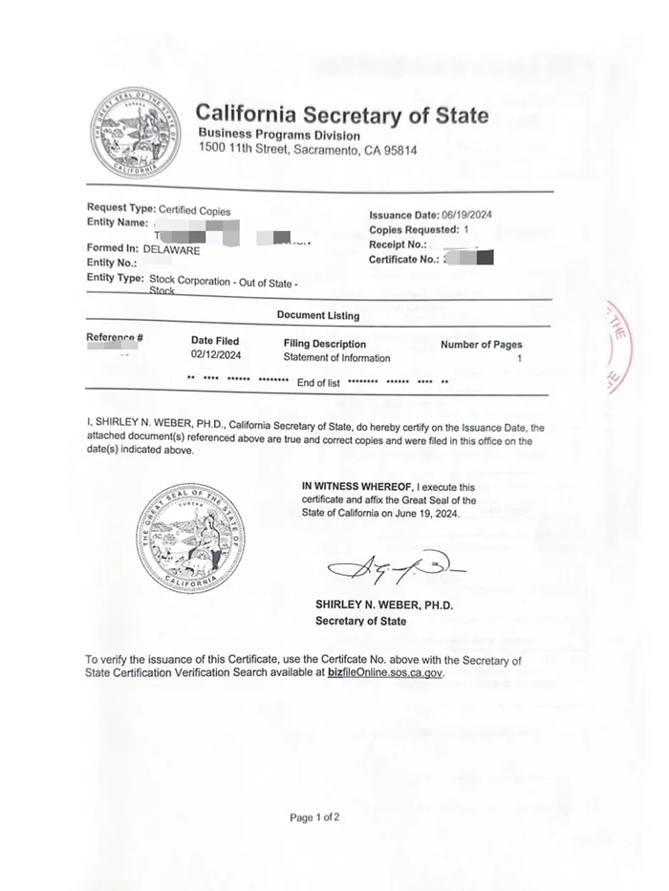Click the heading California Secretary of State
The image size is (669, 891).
[x=342, y=116]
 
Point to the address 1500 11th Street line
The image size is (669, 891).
[x=307, y=150]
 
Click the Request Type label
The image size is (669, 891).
[x=120, y=208]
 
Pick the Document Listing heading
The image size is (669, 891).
[x=318, y=315]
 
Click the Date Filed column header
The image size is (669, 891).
[x=215, y=341]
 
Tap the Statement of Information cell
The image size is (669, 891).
[x=336, y=358]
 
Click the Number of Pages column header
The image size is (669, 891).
[x=481, y=344]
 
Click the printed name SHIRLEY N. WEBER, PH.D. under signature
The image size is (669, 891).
[x=384, y=605]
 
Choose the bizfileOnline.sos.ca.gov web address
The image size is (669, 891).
[x=385, y=672]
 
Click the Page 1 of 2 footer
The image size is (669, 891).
[x=314, y=817]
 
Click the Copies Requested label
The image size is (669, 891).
[x=413, y=230]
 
